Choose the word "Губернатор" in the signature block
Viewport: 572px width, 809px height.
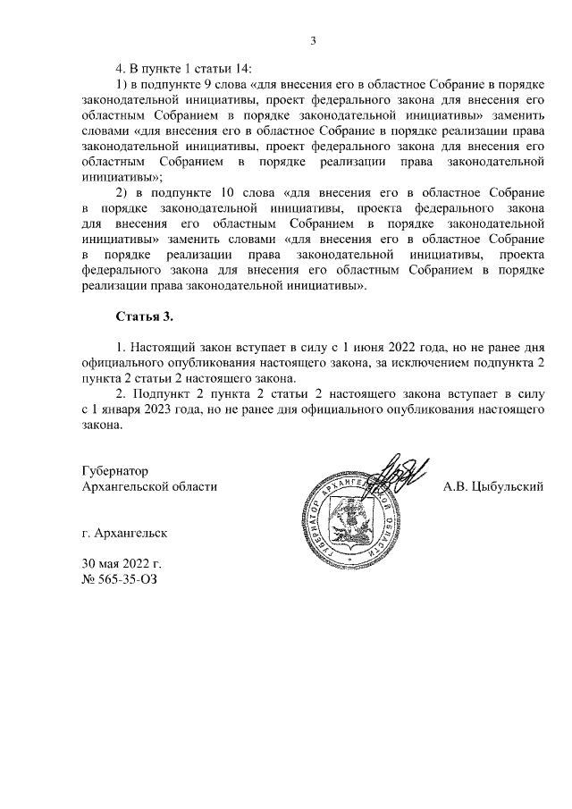(114, 469)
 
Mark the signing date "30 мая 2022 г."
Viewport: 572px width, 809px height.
(122, 565)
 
